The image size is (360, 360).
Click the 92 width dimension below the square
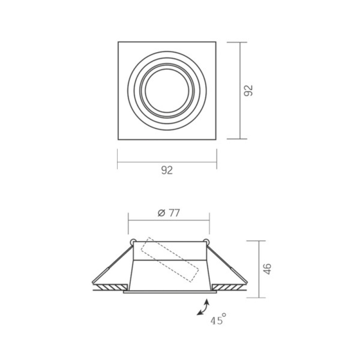coord(167,170)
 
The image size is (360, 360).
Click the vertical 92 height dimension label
coord(248,90)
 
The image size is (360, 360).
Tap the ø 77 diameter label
coord(169,213)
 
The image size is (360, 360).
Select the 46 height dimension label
coord(267,269)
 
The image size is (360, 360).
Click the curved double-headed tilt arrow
coord(203,307)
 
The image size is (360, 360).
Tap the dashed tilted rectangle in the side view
coord(170,260)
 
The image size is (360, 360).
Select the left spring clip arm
coord(112,264)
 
